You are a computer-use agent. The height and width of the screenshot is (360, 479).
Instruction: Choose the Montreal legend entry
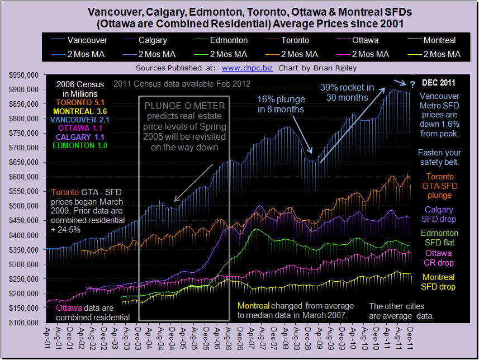click(x=439, y=40)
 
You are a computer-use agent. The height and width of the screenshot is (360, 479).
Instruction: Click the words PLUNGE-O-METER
click(x=183, y=107)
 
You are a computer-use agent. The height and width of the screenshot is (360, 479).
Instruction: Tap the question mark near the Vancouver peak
click(x=412, y=84)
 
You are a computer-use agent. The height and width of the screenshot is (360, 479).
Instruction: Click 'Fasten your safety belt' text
click(x=440, y=158)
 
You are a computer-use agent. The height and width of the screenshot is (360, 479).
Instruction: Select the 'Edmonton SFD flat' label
click(x=440, y=238)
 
